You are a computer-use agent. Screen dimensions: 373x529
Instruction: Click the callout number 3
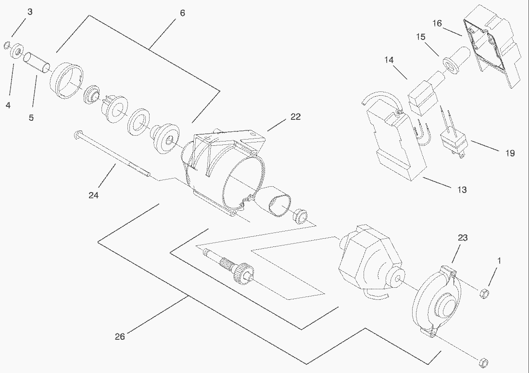point(30,12)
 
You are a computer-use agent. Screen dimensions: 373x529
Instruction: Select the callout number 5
point(31,117)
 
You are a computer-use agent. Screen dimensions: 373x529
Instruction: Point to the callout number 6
point(182,13)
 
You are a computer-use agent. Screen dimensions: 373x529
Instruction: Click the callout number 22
point(295,116)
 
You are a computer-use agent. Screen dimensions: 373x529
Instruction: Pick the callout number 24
point(94,195)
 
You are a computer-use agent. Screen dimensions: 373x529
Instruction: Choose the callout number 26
point(120,336)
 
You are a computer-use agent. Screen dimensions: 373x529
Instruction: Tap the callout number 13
point(462,190)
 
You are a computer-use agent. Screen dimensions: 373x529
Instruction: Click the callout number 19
point(510,153)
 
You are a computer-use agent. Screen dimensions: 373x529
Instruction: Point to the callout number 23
point(463,238)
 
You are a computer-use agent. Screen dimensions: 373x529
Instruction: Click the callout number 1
point(499,260)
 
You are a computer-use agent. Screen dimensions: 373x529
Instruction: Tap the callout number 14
point(389,60)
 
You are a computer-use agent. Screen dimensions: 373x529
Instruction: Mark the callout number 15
point(421,37)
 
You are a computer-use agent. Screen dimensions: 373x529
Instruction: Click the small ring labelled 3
point(6,45)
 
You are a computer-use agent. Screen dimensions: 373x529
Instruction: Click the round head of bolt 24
point(76,134)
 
